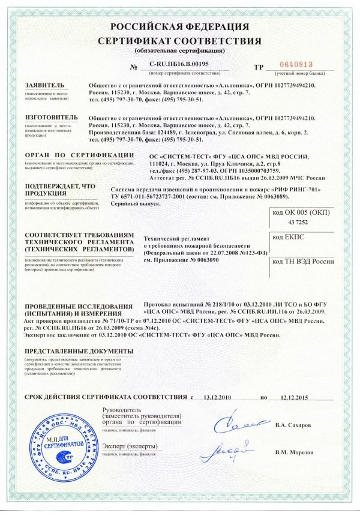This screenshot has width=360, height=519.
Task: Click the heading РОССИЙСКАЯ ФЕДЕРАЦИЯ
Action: coord(180,27)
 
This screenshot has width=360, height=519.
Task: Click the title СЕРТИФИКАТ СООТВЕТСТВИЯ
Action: coord(180,41)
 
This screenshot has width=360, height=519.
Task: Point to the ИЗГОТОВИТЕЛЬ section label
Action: coord(52,117)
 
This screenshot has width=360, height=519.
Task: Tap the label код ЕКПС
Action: coord(286,238)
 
